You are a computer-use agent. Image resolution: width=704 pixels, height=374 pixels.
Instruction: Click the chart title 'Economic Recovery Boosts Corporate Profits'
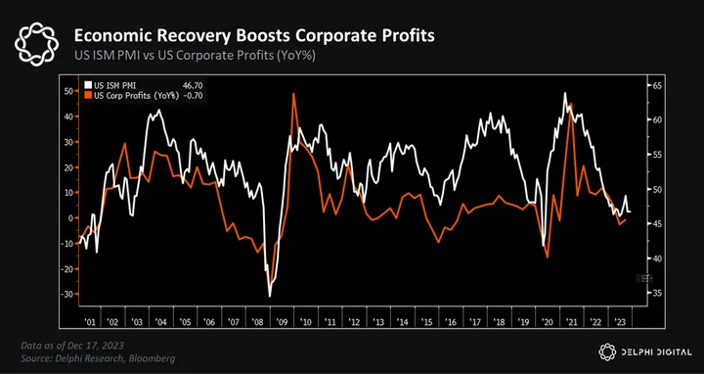click(254, 35)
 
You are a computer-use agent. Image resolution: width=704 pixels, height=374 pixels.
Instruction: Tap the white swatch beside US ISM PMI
click(87, 85)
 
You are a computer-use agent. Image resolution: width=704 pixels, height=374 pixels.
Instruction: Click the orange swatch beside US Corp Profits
click(87, 96)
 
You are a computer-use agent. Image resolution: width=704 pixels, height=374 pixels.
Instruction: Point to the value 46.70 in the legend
click(193, 85)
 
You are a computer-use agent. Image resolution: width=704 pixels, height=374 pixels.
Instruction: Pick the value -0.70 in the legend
click(193, 96)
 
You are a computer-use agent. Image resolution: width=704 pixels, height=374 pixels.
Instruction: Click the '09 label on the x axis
click(283, 322)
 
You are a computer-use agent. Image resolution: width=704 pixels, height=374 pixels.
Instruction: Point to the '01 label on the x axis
click(90, 322)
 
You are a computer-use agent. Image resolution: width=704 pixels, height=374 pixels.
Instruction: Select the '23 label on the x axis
click(620, 322)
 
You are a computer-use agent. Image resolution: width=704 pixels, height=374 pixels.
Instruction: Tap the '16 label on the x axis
click(451, 322)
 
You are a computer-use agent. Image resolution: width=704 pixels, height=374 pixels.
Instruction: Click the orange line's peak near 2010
click(293, 94)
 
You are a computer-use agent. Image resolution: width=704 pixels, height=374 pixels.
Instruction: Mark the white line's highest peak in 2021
click(564, 93)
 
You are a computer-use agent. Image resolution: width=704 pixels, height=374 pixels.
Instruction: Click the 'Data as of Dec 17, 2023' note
click(72, 346)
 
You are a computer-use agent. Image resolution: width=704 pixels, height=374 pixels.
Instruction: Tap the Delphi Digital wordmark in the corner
click(645, 352)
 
